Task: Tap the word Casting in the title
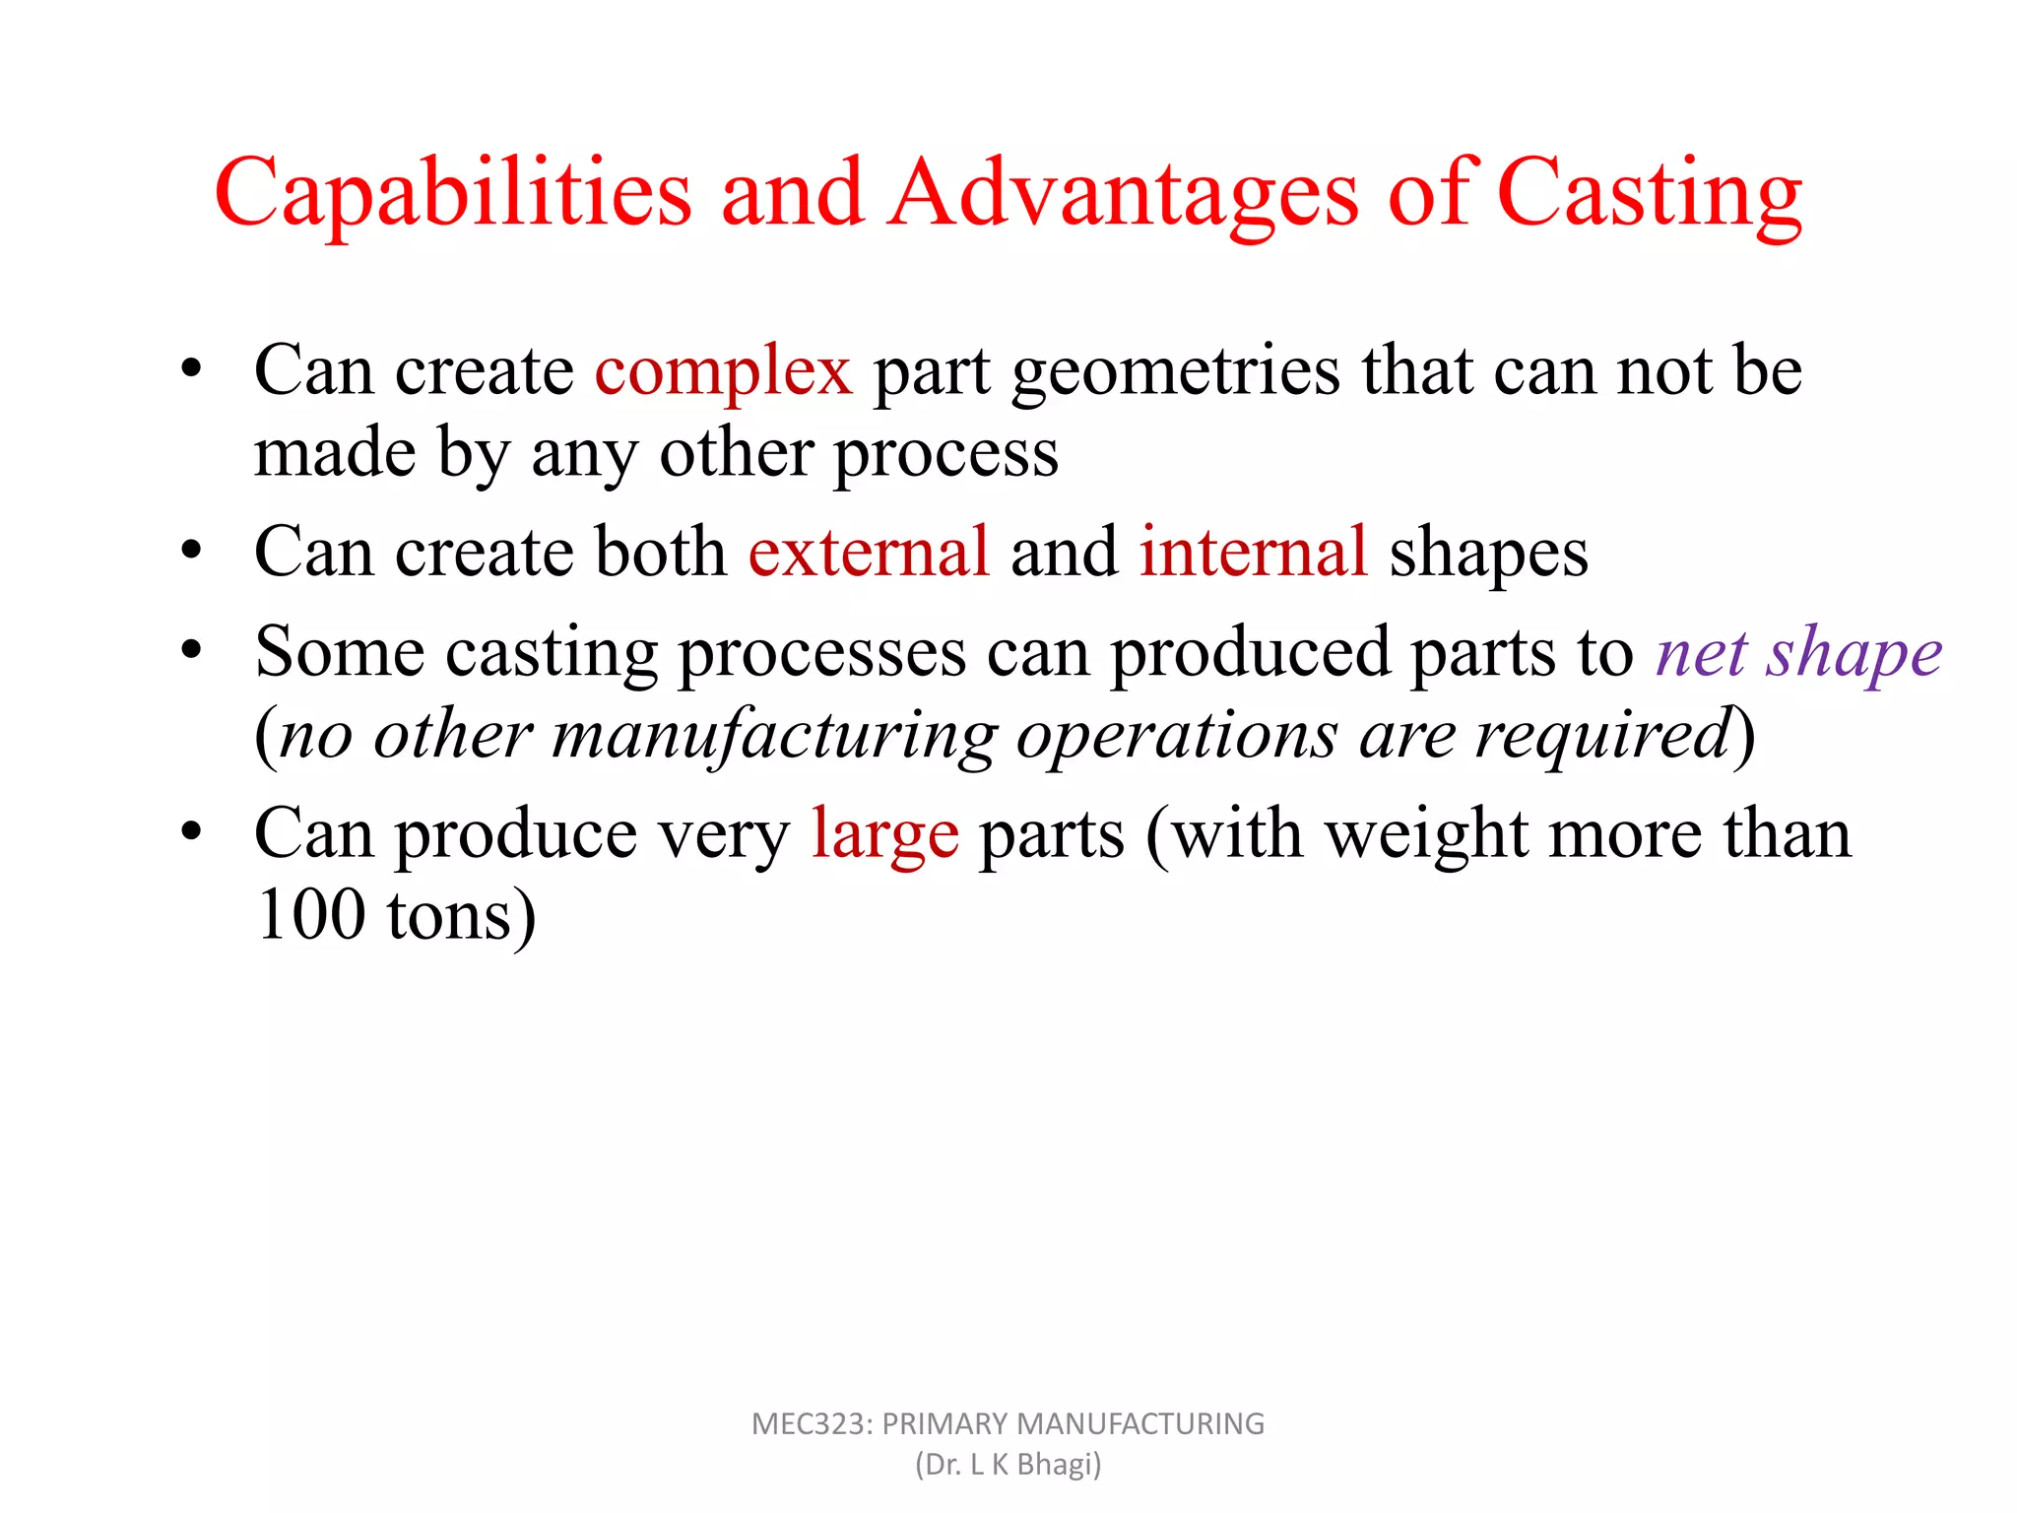tap(1650, 194)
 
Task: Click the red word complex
tap(723, 372)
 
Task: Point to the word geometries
tap(1176, 372)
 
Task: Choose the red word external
tap(868, 552)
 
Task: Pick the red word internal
tap(1253, 552)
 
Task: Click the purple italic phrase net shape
tap(1798, 653)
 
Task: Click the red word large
tap(884, 835)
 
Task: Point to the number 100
tap(310, 916)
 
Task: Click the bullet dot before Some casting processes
tap(191, 649)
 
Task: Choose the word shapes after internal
tap(1488, 552)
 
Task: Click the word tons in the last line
tap(449, 916)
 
